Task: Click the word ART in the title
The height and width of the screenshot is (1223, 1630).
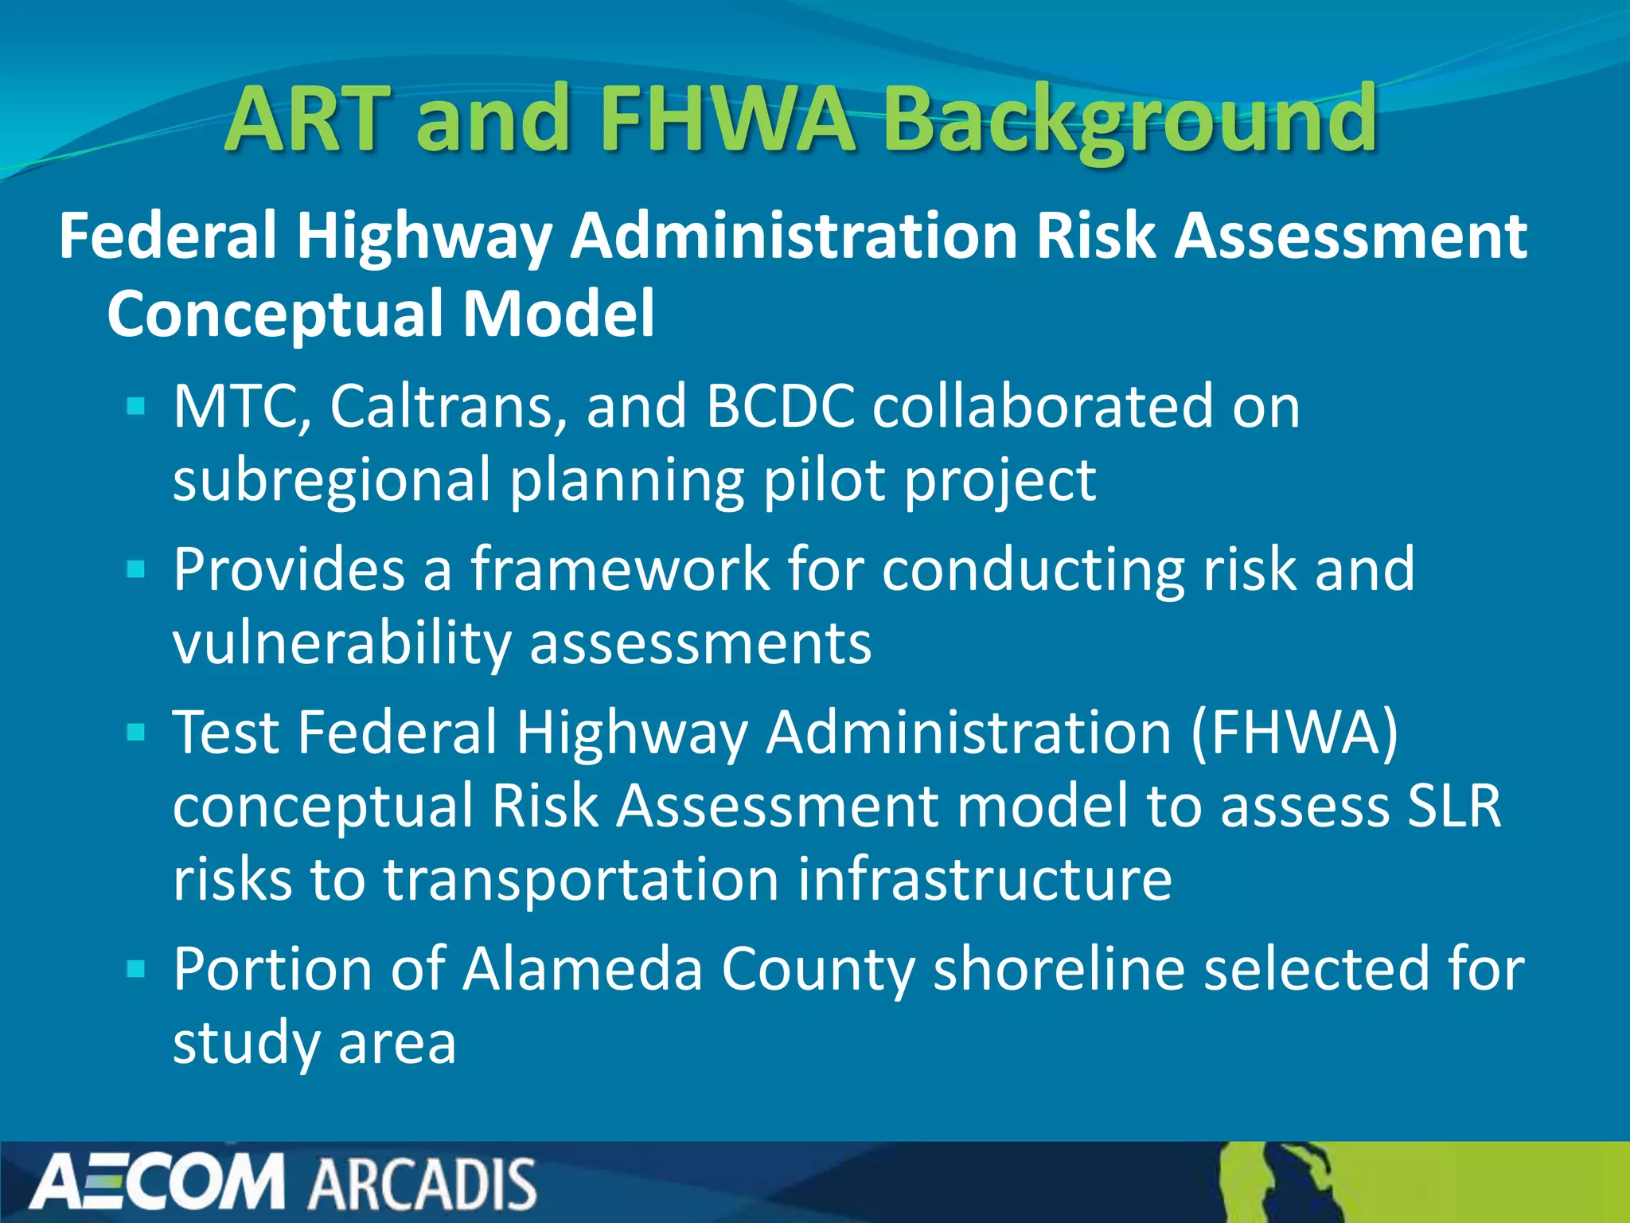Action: click(x=309, y=119)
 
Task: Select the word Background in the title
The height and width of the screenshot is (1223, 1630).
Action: click(x=1130, y=121)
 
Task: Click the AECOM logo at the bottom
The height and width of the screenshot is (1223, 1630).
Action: click(x=157, y=1182)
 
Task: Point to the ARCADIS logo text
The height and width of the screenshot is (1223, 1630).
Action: click(x=423, y=1184)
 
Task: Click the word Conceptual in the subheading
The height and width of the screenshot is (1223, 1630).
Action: click(x=275, y=314)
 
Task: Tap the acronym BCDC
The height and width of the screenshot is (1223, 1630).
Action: click(x=780, y=407)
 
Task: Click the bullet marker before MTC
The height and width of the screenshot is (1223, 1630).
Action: click(x=136, y=408)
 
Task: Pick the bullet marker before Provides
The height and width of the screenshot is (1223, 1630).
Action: click(x=136, y=570)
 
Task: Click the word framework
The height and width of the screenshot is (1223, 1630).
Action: click(x=620, y=570)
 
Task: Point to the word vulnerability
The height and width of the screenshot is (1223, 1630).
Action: click(x=341, y=643)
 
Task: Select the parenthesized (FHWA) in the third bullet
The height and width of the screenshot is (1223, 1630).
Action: click(x=1294, y=733)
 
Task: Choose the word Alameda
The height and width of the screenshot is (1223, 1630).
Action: click(x=583, y=970)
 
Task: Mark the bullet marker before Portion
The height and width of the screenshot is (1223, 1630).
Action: click(x=136, y=970)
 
